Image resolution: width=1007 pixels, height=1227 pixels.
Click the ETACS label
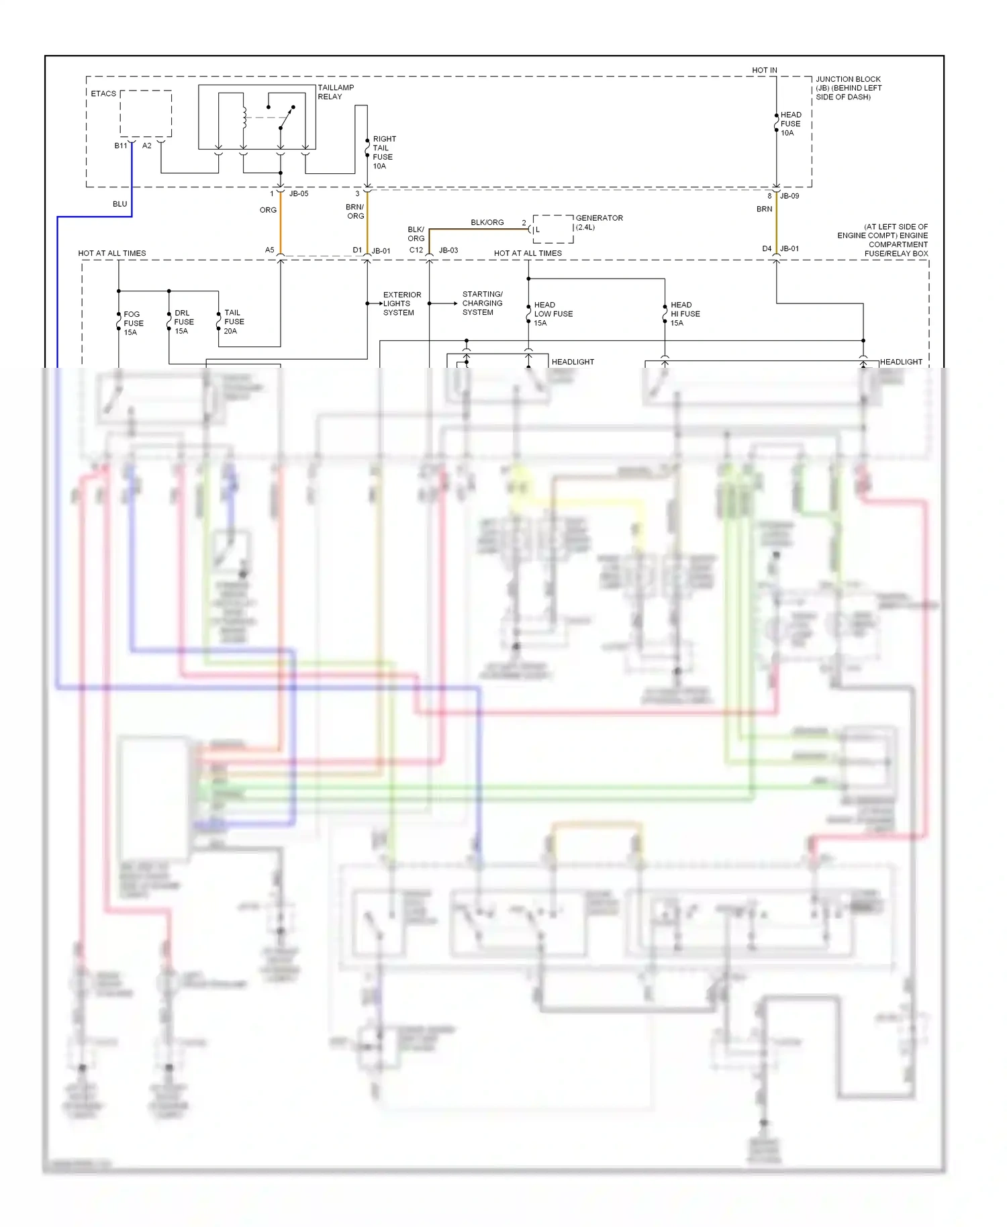103,93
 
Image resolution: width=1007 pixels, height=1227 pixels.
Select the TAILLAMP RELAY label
335,92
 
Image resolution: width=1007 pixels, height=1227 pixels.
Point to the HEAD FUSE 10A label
790,124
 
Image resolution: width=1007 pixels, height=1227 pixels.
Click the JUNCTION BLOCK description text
848,88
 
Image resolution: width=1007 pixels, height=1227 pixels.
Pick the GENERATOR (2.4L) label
598,222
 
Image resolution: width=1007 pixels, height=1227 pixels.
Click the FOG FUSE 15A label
133,323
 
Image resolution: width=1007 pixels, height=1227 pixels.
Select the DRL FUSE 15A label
183,322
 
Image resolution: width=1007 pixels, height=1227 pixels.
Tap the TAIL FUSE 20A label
233,322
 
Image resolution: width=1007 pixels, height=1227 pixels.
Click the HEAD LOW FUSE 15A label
553,313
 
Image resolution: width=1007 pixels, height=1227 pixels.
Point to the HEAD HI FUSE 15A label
685,313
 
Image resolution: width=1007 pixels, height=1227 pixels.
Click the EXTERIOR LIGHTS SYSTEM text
401,303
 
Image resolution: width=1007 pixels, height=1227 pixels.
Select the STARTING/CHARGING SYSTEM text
482,303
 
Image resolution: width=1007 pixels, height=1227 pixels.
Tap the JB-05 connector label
299,193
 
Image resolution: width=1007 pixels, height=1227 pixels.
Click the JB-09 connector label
789,196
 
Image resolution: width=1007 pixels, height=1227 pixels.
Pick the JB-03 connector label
448,250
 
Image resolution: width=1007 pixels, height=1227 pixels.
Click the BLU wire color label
119,204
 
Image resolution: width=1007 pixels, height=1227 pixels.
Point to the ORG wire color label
268,210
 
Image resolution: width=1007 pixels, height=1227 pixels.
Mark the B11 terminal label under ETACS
121,146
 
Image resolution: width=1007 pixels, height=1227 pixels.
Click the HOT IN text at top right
764,70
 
